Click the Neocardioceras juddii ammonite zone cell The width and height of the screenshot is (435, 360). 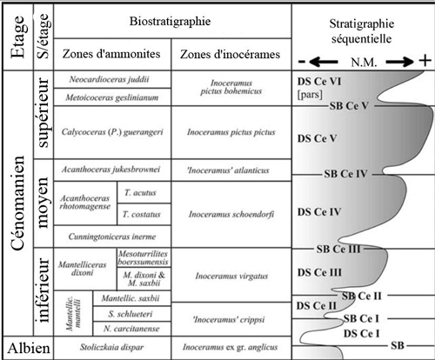[x=112, y=79]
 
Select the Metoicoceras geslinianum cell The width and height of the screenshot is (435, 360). [x=112, y=97]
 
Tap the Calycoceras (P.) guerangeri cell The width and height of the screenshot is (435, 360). [x=112, y=132]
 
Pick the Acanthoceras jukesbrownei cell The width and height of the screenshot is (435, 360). [x=112, y=170]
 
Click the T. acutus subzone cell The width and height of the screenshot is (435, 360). [x=144, y=192]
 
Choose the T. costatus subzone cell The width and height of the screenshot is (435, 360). [x=144, y=214]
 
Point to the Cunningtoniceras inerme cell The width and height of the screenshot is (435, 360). [x=112, y=237]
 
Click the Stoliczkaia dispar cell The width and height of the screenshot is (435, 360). [x=112, y=347]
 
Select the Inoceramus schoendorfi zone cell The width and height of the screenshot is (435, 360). [x=231, y=215]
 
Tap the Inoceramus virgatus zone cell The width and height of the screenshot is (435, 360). [x=231, y=275]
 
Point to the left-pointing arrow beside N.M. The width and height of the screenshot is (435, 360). [x=324, y=62]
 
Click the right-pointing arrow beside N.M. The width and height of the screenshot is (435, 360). [x=400, y=62]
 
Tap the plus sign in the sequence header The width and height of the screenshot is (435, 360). [x=425, y=61]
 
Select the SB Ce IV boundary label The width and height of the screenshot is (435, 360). [x=345, y=174]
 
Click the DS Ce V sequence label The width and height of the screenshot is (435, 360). [x=317, y=138]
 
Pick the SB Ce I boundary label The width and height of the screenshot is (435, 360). [x=361, y=319]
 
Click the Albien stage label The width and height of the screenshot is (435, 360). [x=29, y=348]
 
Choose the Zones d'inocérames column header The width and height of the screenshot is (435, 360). [x=230, y=54]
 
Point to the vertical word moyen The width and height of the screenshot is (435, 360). [x=43, y=203]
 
